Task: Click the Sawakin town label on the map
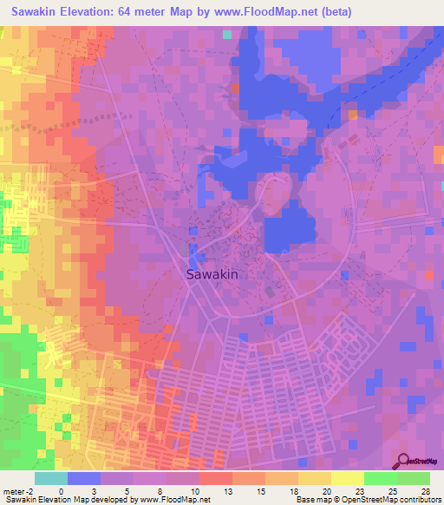[x=212, y=273]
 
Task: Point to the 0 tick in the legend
[x=61, y=491]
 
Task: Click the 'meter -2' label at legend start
[x=19, y=491]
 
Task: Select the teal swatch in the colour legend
[x=50, y=478]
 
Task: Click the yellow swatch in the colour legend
[x=347, y=478]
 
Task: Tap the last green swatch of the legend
[x=413, y=478]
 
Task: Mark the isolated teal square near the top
[x=227, y=35]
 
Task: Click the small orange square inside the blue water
[x=353, y=114]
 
